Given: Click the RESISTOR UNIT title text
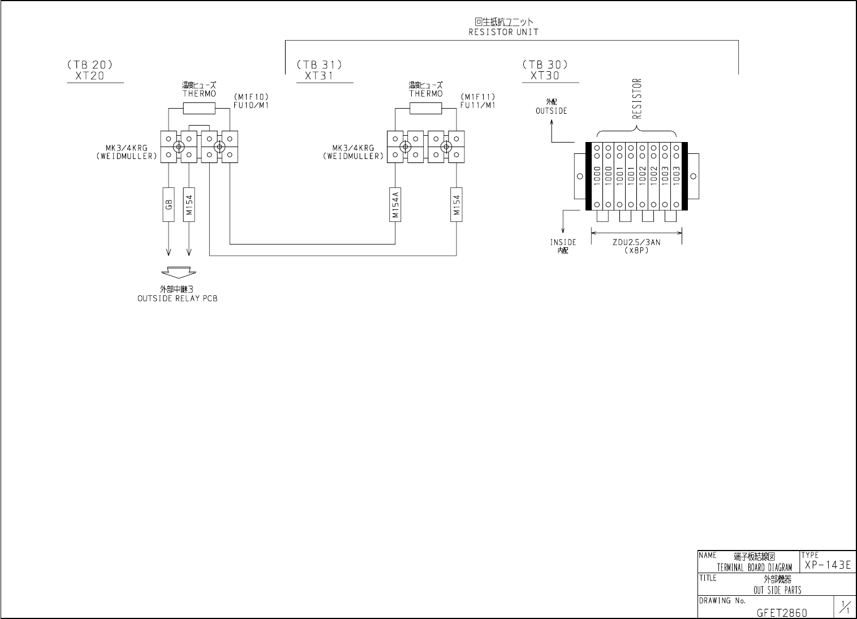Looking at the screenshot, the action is click(503, 32).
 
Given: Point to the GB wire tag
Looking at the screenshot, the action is click(169, 204).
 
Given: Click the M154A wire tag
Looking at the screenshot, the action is click(395, 204).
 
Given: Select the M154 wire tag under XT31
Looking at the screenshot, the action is click(457, 204).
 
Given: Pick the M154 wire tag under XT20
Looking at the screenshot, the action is click(189, 204).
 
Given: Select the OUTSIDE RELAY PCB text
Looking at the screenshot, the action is click(177, 298).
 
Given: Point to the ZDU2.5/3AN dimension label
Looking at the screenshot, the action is click(636, 242).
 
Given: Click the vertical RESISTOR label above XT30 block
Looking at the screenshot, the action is click(637, 100).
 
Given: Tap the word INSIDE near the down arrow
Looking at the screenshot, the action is click(563, 242).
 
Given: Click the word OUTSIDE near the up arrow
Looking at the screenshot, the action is click(551, 111).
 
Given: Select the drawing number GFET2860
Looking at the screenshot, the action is click(782, 612).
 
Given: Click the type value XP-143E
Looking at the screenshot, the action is click(828, 565).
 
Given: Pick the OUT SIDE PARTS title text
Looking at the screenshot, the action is click(777, 590).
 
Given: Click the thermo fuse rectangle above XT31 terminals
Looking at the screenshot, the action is click(425, 108).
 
